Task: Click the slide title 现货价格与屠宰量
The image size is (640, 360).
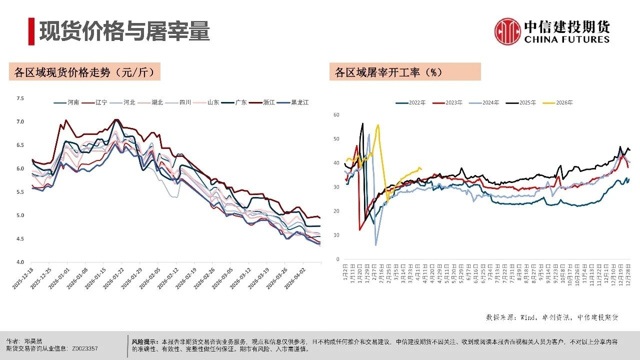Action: click(124, 31)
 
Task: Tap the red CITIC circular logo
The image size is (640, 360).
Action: click(507, 31)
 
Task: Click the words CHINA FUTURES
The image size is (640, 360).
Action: click(567, 39)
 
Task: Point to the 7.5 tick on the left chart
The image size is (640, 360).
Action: click(20, 98)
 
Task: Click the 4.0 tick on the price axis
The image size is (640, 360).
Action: click(20, 262)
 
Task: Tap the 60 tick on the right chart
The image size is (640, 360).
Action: click(336, 115)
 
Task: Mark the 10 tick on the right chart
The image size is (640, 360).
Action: click(336, 235)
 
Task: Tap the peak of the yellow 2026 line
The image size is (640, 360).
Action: click(377, 125)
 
